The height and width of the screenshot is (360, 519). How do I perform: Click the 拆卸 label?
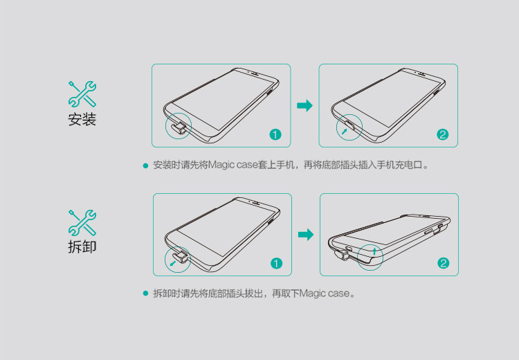(82, 246)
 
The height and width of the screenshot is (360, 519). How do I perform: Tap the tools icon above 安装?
(82, 93)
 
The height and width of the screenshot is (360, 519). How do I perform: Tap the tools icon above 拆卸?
(82, 222)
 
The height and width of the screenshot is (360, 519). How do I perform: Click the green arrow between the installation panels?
(304, 105)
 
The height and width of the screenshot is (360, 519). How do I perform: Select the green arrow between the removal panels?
(305, 235)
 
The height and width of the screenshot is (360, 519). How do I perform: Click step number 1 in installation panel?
(275, 134)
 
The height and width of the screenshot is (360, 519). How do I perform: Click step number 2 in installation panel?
(443, 134)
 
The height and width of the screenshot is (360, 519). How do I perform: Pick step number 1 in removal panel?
(276, 263)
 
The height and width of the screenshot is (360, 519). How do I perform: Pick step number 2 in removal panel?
(444, 263)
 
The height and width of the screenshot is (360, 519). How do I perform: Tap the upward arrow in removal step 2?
(374, 250)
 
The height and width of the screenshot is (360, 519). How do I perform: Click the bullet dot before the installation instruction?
(145, 166)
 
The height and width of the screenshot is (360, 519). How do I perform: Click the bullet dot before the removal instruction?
(145, 294)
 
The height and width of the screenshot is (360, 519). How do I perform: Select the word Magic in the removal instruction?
(312, 294)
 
